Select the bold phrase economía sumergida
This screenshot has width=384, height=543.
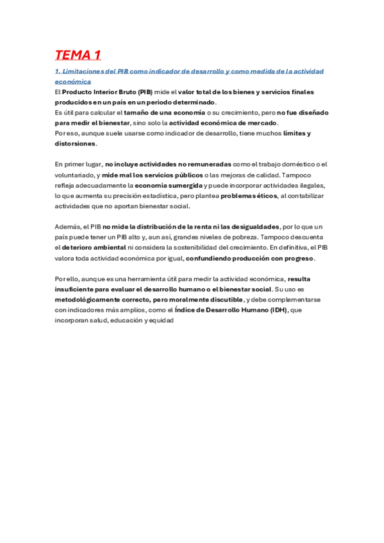pos(168,185)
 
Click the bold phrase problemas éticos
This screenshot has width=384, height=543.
pos(249,195)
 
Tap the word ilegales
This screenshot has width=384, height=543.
pos(310,185)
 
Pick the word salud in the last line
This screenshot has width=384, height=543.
pos(99,320)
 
